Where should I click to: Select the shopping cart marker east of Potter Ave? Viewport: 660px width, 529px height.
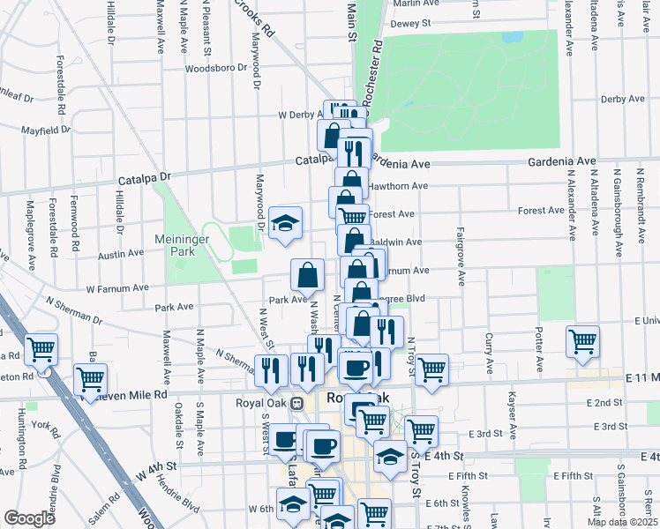pyautogui.click(x=583, y=342)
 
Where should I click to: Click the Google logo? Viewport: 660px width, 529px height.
pyautogui.click(x=29, y=518)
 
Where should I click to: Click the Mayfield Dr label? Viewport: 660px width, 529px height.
pyautogui.click(x=47, y=130)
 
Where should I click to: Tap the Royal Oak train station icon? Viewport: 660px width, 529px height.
pyautogui.click(x=297, y=403)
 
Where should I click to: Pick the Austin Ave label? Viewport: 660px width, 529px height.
pyautogui.click(x=122, y=253)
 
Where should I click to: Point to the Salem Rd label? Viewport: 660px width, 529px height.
pyautogui.click(x=103, y=509)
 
